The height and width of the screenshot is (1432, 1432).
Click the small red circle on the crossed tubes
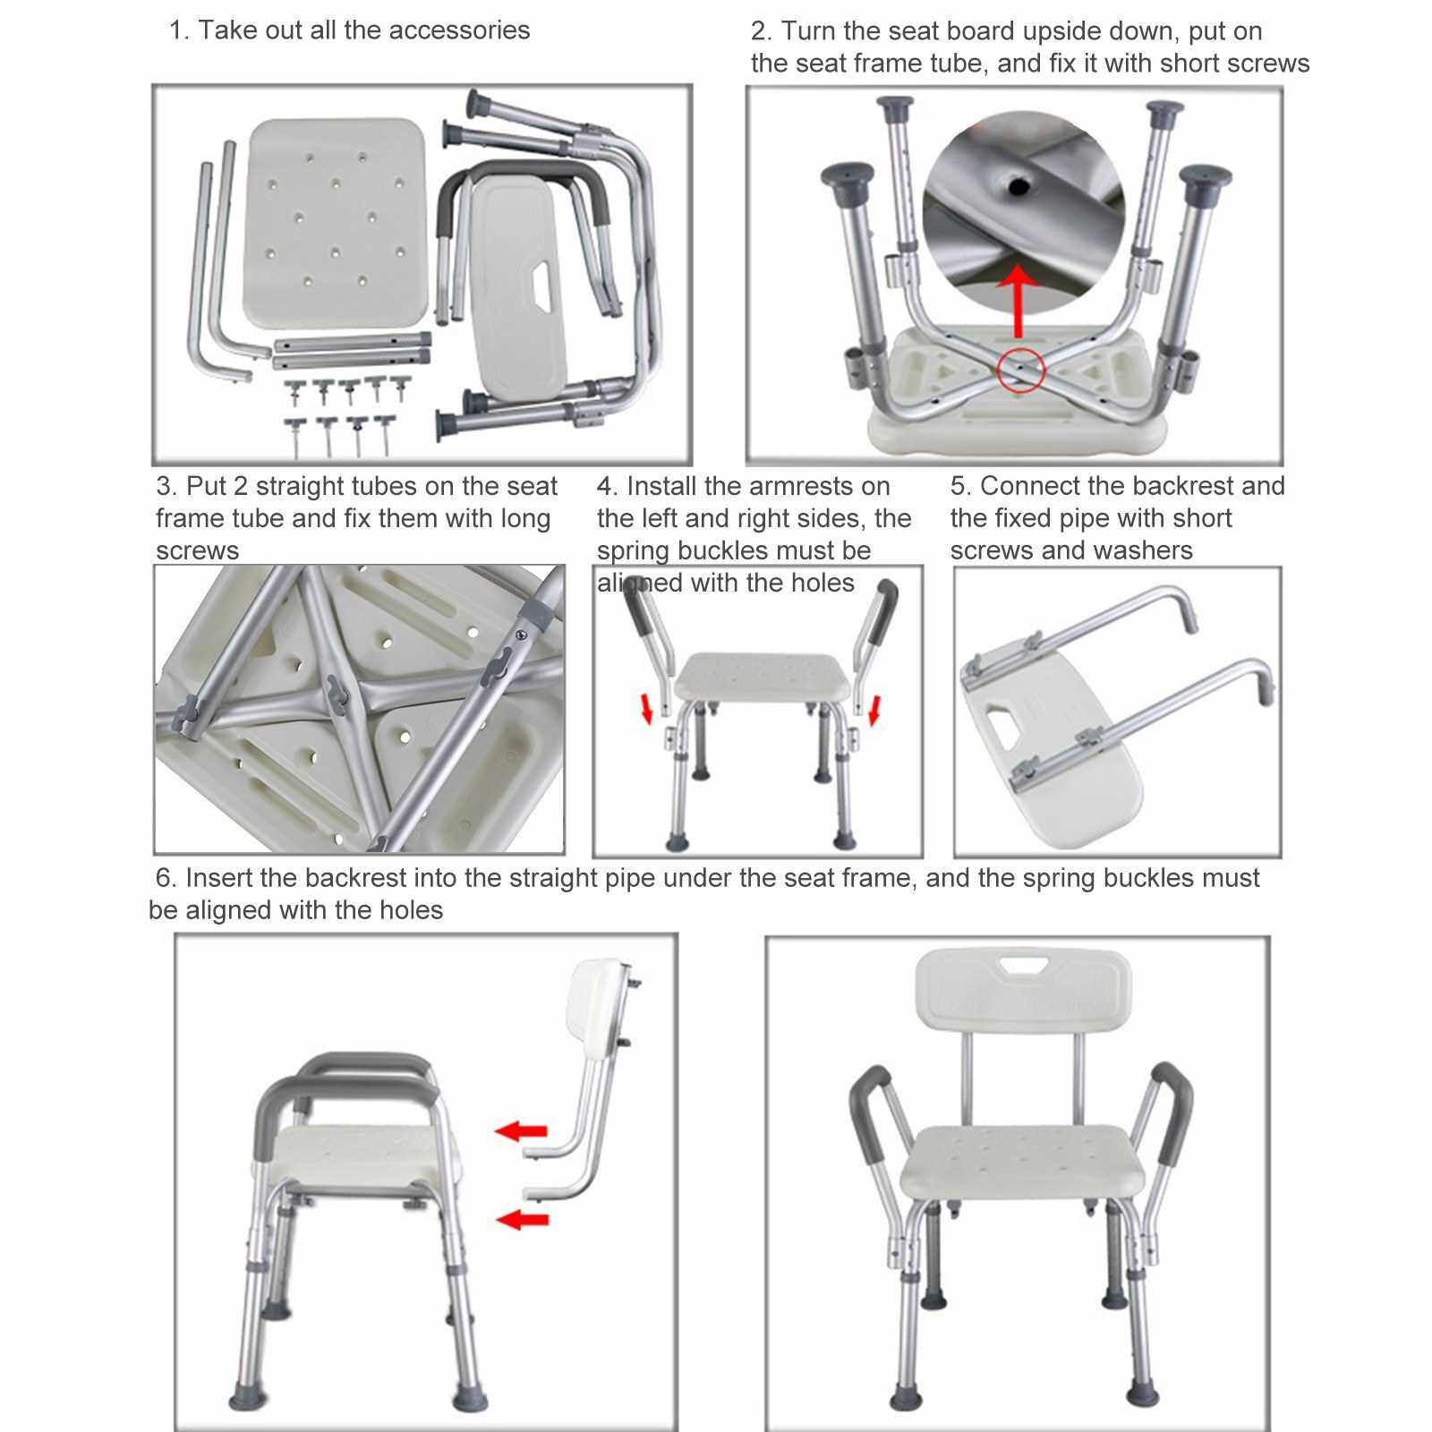pos(1020,369)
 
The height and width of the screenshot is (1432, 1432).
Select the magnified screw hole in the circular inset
pos(1018,186)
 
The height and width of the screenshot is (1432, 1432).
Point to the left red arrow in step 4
pos(648,712)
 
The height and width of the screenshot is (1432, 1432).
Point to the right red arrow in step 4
pos(875,710)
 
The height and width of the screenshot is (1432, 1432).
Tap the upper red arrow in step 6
pos(521,1131)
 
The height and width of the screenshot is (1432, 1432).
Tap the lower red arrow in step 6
pos(523,1218)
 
